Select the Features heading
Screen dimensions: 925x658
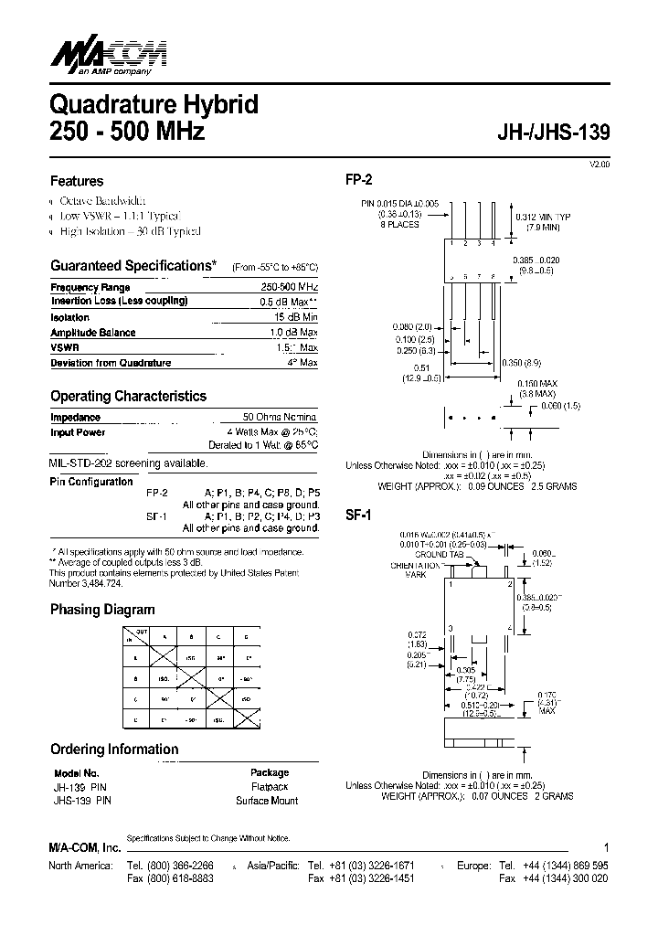77,181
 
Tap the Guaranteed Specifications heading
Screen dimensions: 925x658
133,266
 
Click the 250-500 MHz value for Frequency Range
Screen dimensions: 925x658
289,287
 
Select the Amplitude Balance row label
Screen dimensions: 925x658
92,333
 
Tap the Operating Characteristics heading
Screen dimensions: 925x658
128,397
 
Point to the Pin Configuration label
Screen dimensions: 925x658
91,482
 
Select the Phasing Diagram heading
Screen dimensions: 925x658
102,610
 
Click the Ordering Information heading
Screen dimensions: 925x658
114,750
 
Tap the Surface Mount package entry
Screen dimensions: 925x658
267,801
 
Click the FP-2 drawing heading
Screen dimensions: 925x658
359,181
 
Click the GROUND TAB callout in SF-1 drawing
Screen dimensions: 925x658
431,555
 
